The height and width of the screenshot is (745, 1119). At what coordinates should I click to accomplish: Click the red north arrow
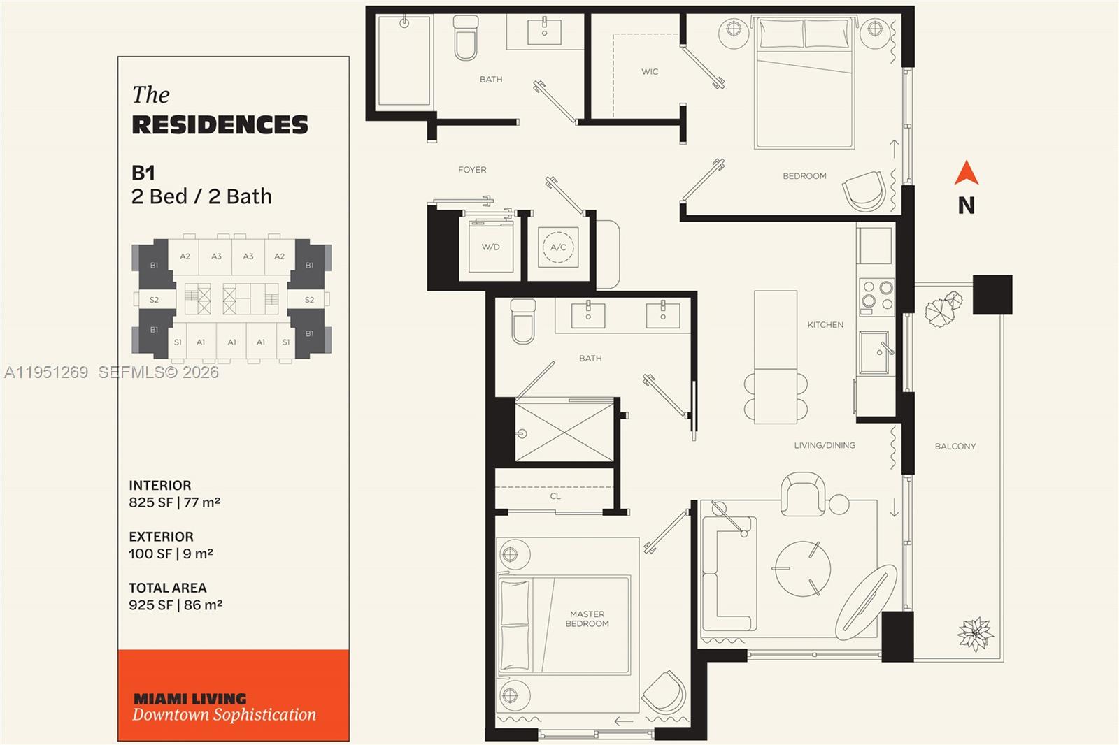[966, 173]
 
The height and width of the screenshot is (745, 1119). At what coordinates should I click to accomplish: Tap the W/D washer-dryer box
[491, 247]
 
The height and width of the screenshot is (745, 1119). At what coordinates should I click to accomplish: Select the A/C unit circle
[558, 247]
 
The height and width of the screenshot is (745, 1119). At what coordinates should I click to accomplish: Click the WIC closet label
[650, 72]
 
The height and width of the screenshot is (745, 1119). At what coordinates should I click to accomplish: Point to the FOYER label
[472, 170]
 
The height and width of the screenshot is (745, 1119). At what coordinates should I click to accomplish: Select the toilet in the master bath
[522, 321]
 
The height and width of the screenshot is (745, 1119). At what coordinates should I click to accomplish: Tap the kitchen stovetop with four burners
[877, 296]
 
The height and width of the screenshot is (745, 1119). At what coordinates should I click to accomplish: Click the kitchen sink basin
[874, 353]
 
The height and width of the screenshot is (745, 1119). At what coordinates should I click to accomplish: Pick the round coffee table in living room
[802, 568]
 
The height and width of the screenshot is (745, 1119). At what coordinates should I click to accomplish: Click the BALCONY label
[955, 446]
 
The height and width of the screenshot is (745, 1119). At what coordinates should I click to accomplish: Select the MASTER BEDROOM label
[587, 619]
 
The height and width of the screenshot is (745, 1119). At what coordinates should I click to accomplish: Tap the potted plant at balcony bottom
[974, 634]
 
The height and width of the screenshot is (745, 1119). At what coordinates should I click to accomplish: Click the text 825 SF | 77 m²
[174, 502]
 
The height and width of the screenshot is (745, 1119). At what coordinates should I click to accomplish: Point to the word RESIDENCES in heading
[220, 125]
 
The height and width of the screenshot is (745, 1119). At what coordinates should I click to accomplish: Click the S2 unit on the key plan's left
[154, 300]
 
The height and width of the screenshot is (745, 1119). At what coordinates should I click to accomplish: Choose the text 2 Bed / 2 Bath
[201, 197]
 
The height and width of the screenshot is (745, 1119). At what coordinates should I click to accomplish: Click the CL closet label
[555, 496]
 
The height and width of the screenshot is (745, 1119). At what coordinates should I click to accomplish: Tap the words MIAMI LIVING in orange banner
[190, 699]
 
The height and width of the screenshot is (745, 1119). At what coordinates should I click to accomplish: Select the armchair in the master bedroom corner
[664, 692]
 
